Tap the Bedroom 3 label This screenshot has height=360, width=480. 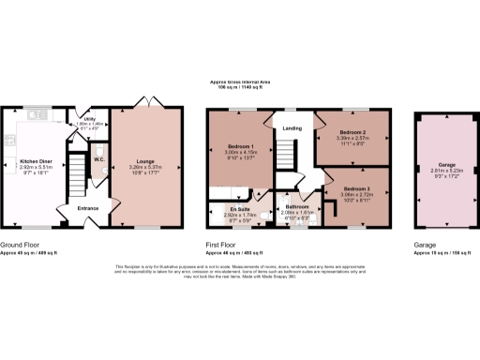(x=356, y=190)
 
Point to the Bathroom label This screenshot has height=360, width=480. (x=297, y=206)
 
